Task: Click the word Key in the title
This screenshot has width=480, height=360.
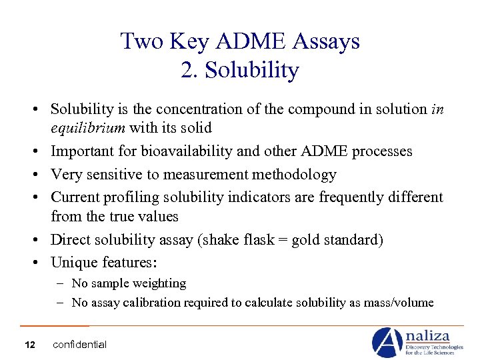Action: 189,41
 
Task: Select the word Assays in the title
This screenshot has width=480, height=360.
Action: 327,41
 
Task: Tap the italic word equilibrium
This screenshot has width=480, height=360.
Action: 89,127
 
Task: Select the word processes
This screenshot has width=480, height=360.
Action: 381,151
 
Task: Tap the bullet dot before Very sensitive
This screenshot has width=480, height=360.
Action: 41,175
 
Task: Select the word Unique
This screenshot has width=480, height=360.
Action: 72,263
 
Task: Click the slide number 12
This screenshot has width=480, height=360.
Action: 29,345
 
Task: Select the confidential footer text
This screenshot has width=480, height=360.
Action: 79,345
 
